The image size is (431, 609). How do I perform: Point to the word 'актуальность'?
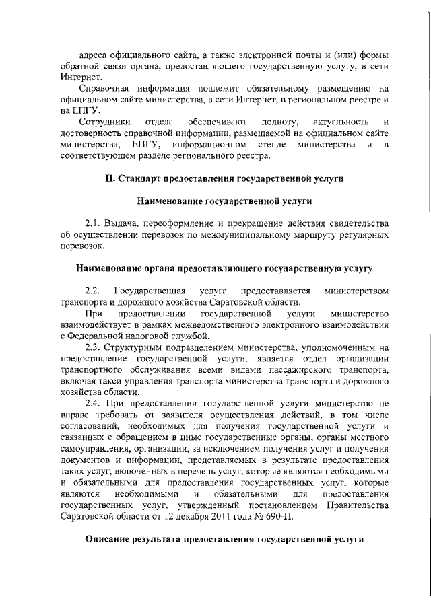tap(327, 122)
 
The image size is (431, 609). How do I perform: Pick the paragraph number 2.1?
tap(93, 223)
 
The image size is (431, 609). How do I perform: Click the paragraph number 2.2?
tap(93, 291)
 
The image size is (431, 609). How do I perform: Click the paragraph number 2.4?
tap(93, 404)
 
